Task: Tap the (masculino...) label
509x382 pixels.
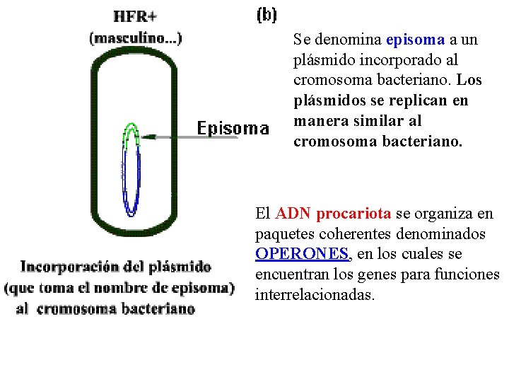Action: point(135,37)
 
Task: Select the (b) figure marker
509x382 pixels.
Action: point(266,14)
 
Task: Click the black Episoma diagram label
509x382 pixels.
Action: point(233,128)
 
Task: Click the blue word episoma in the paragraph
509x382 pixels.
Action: point(416,40)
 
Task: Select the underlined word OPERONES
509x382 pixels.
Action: point(302,253)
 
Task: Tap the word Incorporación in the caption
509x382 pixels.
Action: point(69,267)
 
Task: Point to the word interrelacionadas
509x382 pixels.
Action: point(315,294)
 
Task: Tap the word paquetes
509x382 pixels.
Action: point(281,233)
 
